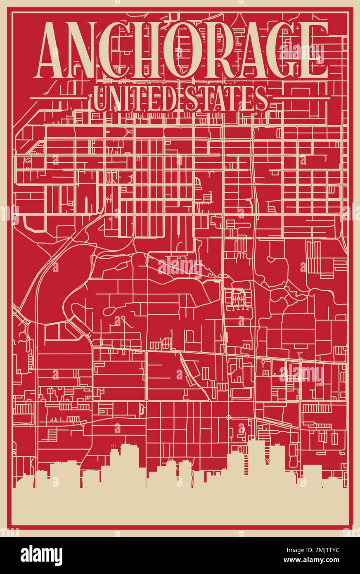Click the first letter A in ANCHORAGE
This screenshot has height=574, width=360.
[x=54, y=52]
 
